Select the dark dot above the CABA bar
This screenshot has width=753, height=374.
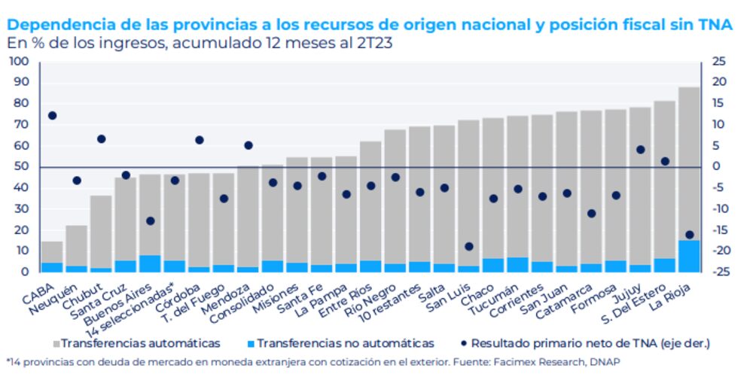pyautogui.click(x=52, y=116)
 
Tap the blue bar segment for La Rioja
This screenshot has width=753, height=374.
pyautogui.click(x=689, y=256)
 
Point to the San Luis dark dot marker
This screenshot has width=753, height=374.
pyautogui.click(x=468, y=246)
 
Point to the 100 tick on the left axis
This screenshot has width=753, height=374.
pyautogui.click(x=20, y=62)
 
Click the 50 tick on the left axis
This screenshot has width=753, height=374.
pyautogui.click(x=23, y=167)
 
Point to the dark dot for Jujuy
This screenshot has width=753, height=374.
pyautogui.click(x=640, y=150)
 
